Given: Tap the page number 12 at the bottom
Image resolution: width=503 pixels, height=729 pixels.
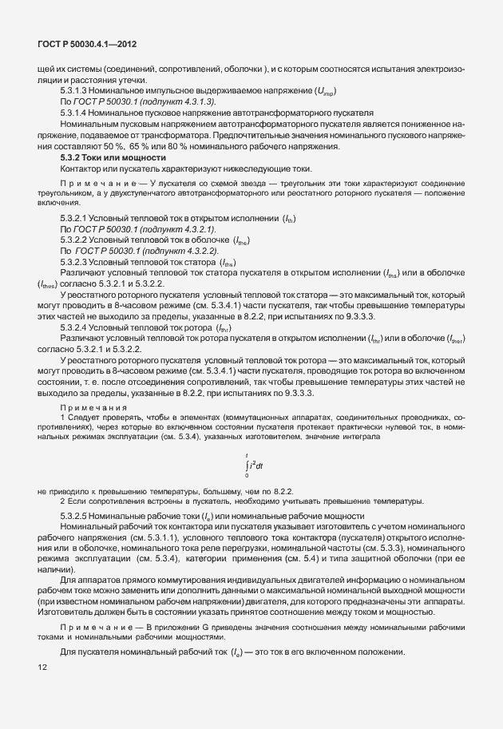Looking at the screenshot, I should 42,668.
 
